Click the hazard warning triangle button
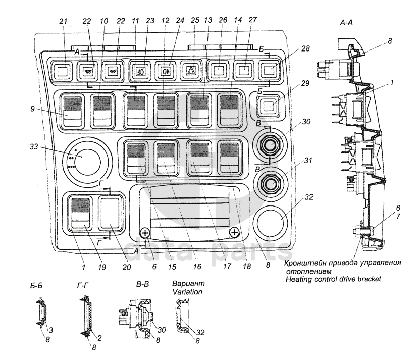click(193, 71)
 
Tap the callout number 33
click(34, 147)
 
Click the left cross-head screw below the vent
click(145, 233)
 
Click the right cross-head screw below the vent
click(235, 233)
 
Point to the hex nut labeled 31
click(270, 184)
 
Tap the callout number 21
click(64, 21)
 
